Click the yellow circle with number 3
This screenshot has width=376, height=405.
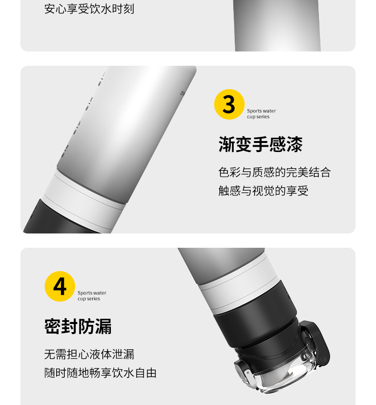229,104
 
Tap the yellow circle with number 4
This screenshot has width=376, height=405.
60,286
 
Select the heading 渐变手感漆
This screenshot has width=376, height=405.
260,144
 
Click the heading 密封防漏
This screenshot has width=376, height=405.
78,326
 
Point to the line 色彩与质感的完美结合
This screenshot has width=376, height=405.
275,172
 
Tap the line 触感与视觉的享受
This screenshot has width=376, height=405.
263,191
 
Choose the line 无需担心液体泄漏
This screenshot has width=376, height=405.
89,354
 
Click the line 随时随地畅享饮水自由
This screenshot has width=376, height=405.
100,373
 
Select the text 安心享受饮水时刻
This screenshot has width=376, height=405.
89,9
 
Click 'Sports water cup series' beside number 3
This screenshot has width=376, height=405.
261,114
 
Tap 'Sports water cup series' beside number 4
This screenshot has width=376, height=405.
92,296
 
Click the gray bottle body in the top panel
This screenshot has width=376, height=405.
277,26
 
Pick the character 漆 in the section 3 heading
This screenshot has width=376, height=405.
294,144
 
